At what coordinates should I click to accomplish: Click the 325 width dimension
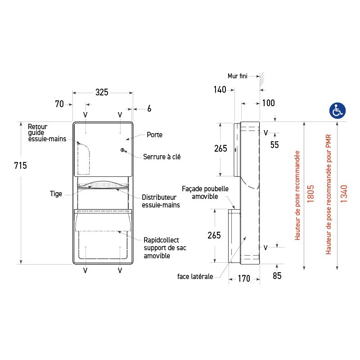(102, 92)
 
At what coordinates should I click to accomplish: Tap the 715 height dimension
(20, 166)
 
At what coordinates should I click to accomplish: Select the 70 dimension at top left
(59, 104)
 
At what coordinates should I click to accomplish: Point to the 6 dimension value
(149, 108)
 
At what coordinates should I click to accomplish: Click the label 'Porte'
(154, 135)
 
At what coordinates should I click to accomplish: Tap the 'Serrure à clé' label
(162, 157)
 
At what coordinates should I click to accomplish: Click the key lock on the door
(122, 150)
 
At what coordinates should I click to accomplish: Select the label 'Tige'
(56, 194)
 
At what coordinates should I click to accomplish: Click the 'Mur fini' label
(238, 76)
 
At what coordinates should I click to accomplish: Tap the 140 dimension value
(220, 90)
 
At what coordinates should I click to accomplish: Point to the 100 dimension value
(268, 103)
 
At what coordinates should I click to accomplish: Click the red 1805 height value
(310, 193)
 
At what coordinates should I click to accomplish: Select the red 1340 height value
(344, 193)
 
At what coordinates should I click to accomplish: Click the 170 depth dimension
(243, 279)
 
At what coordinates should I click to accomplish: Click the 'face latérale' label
(195, 277)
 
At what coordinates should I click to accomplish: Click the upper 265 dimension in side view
(220, 149)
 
